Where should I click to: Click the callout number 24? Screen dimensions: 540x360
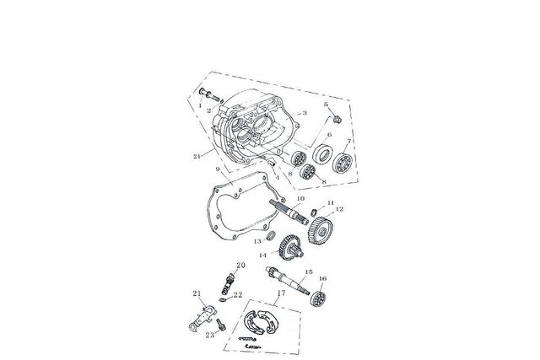click(x=197, y=156)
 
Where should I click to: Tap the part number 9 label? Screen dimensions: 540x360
click(x=218, y=169)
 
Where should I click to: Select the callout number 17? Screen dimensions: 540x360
click(x=281, y=293)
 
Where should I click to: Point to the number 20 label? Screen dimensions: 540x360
click(x=240, y=265)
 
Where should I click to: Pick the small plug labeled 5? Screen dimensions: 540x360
click(x=337, y=120)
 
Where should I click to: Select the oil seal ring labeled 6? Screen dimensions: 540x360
click(x=322, y=153)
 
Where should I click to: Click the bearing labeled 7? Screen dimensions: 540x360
click(x=343, y=163)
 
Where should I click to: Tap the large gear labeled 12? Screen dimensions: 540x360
click(x=321, y=230)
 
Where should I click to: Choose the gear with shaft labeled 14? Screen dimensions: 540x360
click(x=290, y=248)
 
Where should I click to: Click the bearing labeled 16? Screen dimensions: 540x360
click(x=318, y=298)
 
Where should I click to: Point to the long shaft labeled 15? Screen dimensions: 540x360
click(x=288, y=282)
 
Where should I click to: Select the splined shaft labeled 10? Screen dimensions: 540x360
click(x=289, y=212)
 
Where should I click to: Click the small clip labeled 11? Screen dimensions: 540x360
click(x=314, y=212)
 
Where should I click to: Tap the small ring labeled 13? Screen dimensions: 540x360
click(x=272, y=235)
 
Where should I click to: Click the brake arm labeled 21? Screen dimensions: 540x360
click(x=202, y=319)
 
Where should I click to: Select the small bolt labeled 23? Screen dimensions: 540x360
click(x=221, y=325)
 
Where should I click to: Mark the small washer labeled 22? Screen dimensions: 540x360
click(x=223, y=299)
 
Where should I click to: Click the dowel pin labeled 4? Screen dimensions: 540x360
click(x=272, y=161)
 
